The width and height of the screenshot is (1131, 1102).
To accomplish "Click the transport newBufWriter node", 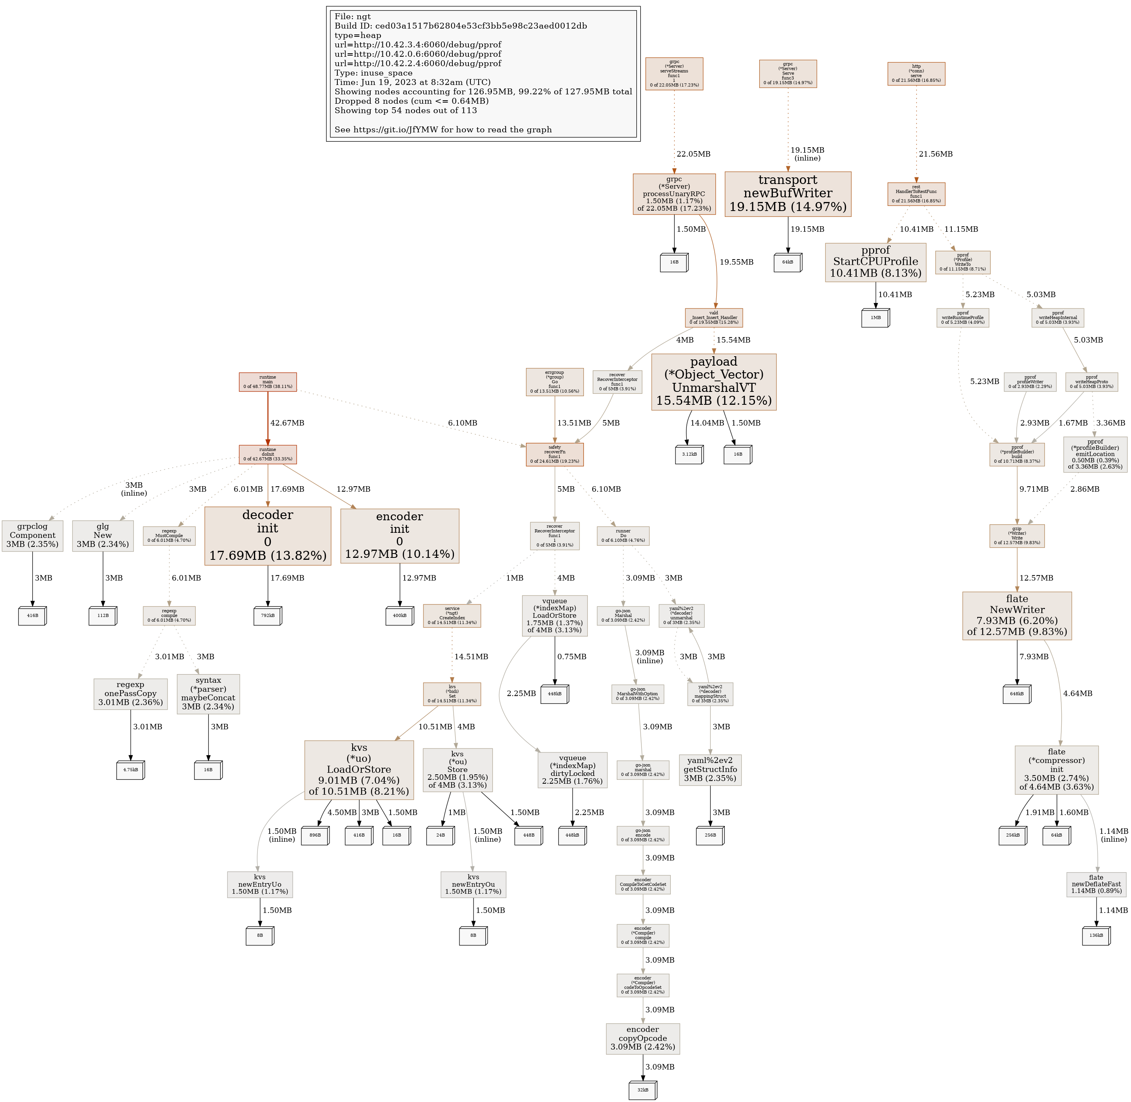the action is (787, 194).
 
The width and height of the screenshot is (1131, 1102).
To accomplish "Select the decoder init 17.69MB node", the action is (267, 536).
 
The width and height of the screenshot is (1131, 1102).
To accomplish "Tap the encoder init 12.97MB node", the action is (399, 536).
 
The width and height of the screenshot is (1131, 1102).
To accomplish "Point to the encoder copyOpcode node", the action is (642, 1038).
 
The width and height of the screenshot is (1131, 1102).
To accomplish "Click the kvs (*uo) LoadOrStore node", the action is (359, 770).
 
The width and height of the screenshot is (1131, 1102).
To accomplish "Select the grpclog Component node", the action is (32, 536).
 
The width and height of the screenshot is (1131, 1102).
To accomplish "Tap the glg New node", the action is (103, 536).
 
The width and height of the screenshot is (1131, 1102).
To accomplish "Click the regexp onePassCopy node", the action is (130, 693).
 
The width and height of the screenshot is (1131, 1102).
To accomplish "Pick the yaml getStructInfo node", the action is (710, 770).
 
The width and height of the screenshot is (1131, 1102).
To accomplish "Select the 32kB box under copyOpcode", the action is (642, 1090).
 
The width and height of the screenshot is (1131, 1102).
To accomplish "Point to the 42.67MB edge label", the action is (287, 423).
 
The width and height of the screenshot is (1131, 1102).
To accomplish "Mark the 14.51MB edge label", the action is (471, 657).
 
